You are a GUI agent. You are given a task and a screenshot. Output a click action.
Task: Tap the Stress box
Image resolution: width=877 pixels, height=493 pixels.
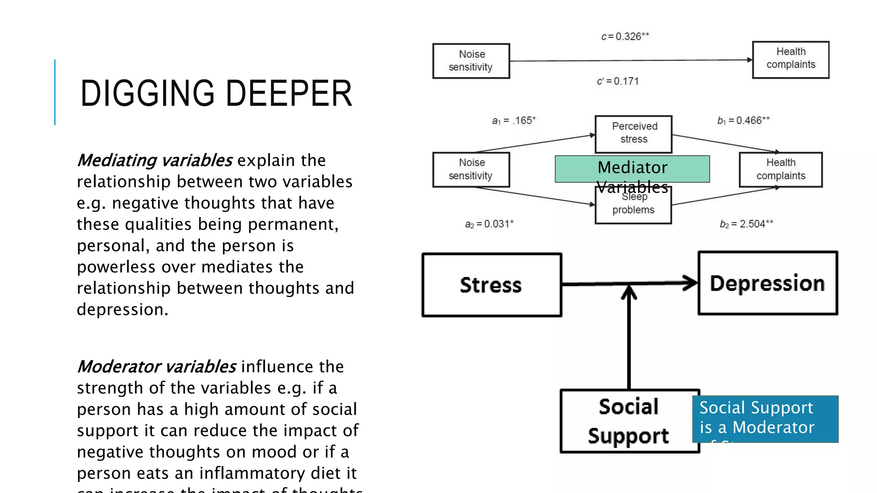pyautogui.click(x=491, y=285)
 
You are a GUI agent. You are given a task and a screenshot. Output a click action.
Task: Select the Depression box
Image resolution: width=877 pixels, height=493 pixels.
pyautogui.click(x=767, y=283)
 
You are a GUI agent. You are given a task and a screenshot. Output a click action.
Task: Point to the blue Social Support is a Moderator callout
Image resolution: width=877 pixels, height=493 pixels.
pyautogui.click(x=765, y=418)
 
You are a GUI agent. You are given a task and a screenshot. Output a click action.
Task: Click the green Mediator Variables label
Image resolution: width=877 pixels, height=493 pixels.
pyautogui.click(x=632, y=168)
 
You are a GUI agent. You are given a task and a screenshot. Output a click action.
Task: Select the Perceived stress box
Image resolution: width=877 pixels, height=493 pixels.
pyautogui.click(x=633, y=133)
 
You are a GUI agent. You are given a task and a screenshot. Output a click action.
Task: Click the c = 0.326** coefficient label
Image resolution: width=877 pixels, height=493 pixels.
pyautogui.click(x=625, y=37)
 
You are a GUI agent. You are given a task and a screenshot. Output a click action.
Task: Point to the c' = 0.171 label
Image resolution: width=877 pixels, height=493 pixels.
pyautogui.click(x=617, y=81)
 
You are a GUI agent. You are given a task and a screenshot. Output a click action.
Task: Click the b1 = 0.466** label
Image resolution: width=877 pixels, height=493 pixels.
pyautogui.click(x=743, y=121)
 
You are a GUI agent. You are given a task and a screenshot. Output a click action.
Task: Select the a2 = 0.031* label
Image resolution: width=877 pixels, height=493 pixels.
pyautogui.click(x=489, y=224)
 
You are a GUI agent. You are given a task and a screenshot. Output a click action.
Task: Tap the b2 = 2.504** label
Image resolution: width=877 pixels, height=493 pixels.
pyautogui.click(x=746, y=224)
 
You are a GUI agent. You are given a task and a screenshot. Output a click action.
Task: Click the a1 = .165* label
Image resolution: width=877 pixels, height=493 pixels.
pyautogui.click(x=513, y=121)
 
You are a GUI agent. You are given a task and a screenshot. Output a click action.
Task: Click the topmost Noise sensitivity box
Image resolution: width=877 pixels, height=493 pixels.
pyautogui.click(x=471, y=61)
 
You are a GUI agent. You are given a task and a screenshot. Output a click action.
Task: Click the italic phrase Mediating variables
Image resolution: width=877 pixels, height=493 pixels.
pyautogui.click(x=155, y=160)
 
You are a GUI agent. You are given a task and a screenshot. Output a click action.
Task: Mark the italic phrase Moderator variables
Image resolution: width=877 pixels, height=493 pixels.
pyautogui.click(x=156, y=367)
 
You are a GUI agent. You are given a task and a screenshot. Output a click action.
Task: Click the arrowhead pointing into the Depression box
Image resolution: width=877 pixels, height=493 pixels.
pyautogui.click(x=690, y=283)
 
